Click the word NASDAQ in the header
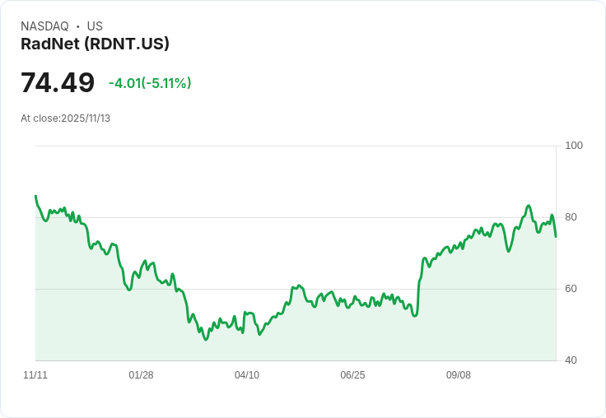tap(44, 26)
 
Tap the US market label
tap(95, 26)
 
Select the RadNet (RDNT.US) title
tap(95, 44)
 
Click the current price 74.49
tap(58, 83)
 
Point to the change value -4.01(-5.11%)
tap(150, 83)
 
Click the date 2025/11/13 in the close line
tap(86, 118)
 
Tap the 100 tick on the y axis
tap(574, 146)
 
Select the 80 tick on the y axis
tap(571, 217)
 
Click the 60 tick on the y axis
tap(571, 289)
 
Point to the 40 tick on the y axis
tap(571, 360)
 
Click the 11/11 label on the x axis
tap(35, 375)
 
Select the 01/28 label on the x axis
tap(141, 375)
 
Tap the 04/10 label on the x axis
tap(247, 375)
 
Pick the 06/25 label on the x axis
tap(352, 375)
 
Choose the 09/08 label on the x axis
tap(459, 375)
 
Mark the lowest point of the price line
tap(206, 339)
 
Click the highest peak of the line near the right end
tap(529, 206)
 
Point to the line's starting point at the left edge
tap(35, 196)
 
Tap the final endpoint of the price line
tap(556, 237)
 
